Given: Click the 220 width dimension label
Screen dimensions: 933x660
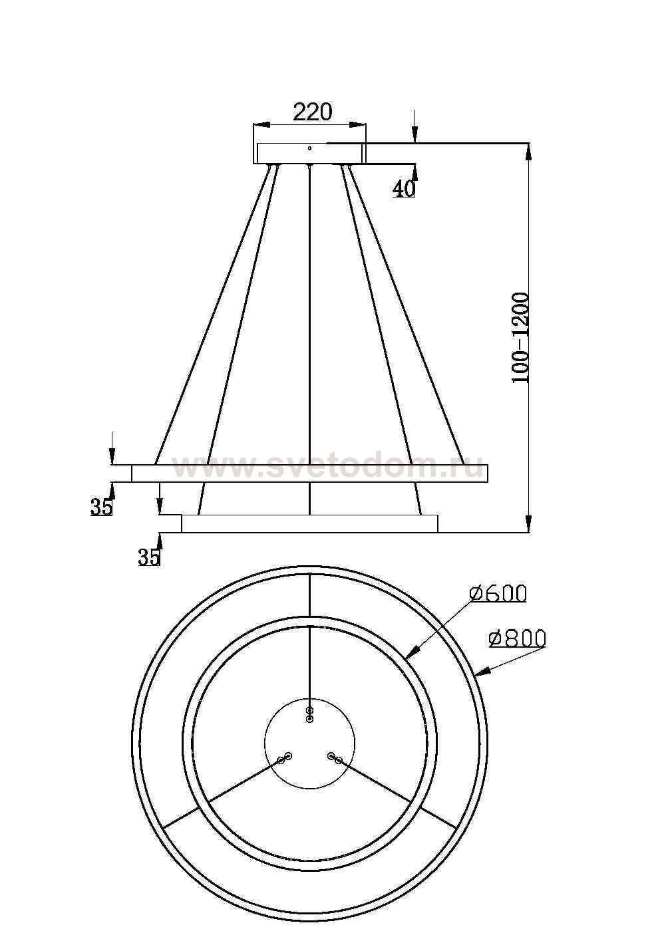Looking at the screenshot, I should pyautogui.click(x=312, y=112).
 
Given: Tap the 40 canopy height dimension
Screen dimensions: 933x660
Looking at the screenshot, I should pyautogui.click(x=403, y=189).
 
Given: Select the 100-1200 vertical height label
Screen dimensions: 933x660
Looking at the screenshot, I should pyautogui.click(x=520, y=337).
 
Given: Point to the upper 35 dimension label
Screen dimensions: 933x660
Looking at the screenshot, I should pyautogui.click(x=101, y=507).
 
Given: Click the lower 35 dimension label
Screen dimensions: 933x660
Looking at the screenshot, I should pyautogui.click(x=149, y=557).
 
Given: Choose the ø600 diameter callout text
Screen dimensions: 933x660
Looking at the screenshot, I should pyautogui.click(x=497, y=593).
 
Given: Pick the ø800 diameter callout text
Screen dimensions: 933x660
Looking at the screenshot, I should pyautogui.click(x=517, y=638).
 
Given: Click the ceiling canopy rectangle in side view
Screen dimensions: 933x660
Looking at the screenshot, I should pyautogui.click(x=310, y=154).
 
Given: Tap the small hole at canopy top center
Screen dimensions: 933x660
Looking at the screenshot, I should pyautogui.click(x=310, y=148).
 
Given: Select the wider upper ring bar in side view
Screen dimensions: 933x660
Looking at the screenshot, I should pyautogui.click(x=310, y=473).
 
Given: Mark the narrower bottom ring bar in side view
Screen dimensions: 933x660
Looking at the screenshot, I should pyautogui.click(x=310, y=524).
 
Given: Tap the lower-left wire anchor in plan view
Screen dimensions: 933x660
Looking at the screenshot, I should pyautogui.click(x=284, y=758).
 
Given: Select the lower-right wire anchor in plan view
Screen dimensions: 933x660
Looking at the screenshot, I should pyautogui.click(x=335, y=757).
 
